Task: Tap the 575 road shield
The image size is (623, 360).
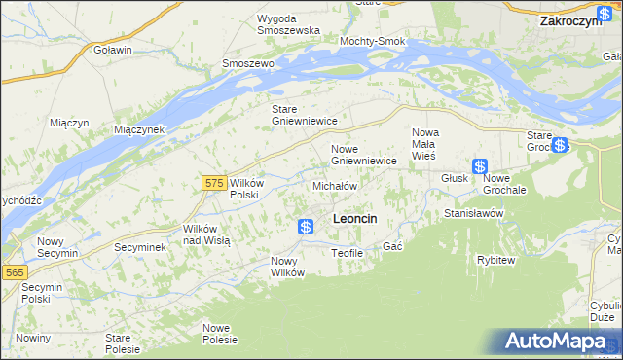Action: pyautogui.click(x=216, y=182)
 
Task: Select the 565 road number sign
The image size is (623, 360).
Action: pyautogui.click(x=13, y=273)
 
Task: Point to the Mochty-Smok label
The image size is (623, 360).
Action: pyautogui.click(x=372, y=42)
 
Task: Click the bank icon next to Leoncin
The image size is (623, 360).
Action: pyautogui.click(x=306, y=227)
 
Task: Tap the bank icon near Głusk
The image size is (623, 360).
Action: pyautogui.click(x=480, y=166)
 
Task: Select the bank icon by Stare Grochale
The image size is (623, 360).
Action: pyautogui.click(x=559, y=146)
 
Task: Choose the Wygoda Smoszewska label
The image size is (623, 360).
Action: pyautogui.click(x=289, y=24)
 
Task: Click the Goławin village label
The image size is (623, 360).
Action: pyautogui.click(x=113, y=49)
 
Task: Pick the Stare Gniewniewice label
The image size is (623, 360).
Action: pyautogui.click(x=304, y=115)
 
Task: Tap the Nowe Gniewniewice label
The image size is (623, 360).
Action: pyautogui.click(x=363, y=154)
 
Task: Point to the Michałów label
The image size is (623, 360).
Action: pyautogui.click(x=335, y=185)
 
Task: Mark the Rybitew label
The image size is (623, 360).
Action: pyautogui.click(x=496, y=260)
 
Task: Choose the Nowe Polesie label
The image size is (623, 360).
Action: pyautogui.click(x=220, y=333)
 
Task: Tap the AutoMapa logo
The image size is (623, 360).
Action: pyautogui.click(x=563, y=342)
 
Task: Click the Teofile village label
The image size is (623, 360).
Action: pyautogui.click(x=347, y=253)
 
